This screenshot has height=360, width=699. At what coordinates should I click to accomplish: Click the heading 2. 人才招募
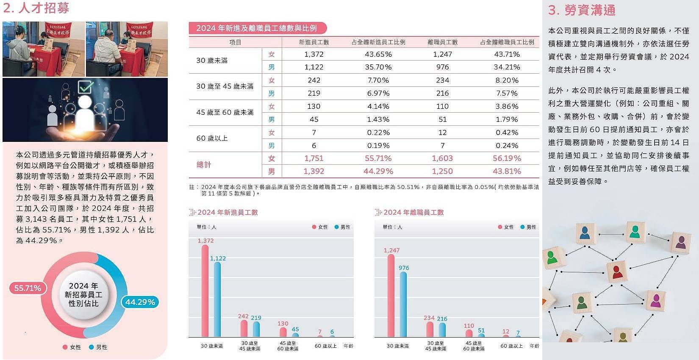point(36,8)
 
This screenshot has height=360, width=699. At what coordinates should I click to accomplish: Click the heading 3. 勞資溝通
point(582,10)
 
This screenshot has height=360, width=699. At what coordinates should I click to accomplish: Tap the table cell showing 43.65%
point(378,54)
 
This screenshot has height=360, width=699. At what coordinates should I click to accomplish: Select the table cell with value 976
point(442,67)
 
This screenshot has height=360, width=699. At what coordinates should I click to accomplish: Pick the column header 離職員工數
point(442,42)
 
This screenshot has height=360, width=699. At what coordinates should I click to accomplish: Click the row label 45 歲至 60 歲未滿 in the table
point(225,112)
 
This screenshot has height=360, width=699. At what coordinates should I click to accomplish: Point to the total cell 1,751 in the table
point(313,158)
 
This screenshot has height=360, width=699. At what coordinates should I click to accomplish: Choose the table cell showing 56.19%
point(507,158)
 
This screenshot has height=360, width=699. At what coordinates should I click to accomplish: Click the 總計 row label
point(203,165)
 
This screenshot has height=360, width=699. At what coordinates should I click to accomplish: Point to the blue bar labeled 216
point(442,330)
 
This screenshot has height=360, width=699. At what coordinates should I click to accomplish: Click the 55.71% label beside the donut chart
point(28,288)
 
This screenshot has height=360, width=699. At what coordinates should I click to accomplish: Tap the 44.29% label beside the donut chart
point(140,302)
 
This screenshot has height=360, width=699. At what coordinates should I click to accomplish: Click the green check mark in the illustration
point(86,87)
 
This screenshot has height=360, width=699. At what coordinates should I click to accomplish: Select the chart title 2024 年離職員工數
point(413,212)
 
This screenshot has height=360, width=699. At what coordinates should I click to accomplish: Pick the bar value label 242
point(243,316)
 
